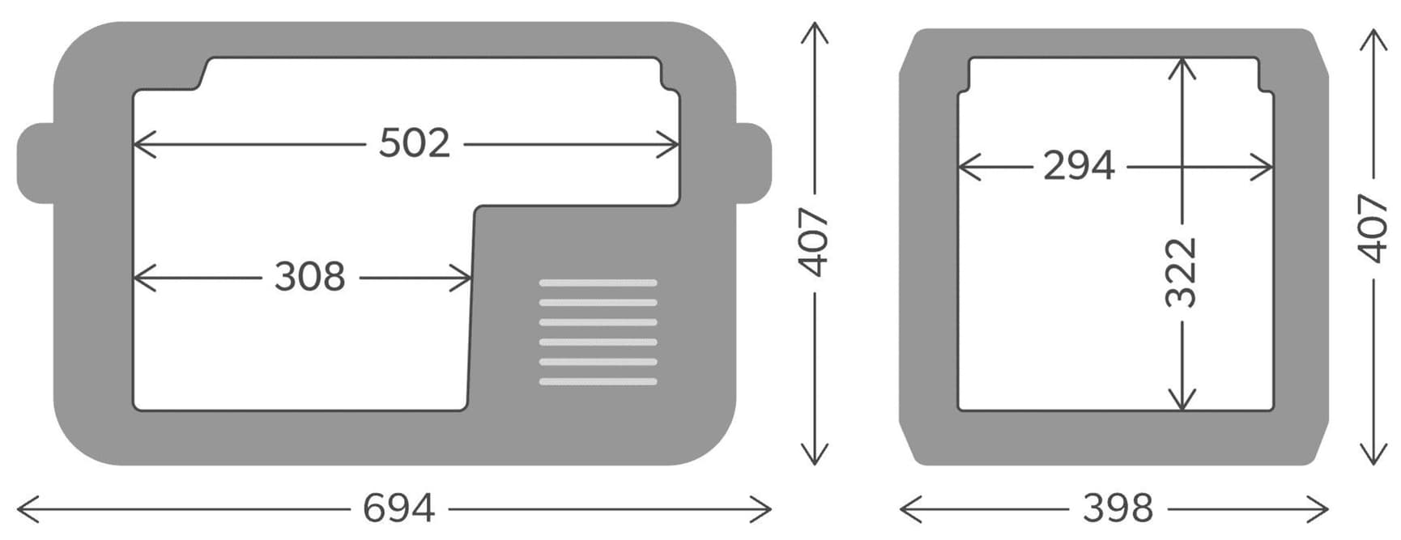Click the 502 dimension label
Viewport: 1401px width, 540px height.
pos(414,143)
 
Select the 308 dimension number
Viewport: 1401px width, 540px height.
pos(309,277)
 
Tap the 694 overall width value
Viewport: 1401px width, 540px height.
pos(398,508)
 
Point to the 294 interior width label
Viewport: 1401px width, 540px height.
pos(1079,166)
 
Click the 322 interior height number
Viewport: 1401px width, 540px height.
pos(1181,272)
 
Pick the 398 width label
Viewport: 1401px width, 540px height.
pos(1118,508)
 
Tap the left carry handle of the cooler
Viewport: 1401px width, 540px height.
pos(34,164)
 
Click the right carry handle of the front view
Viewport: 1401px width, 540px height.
pos(754,164)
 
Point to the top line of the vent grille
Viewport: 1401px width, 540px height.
pos(598,283)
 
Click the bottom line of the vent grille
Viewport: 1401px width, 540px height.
pos(598,381)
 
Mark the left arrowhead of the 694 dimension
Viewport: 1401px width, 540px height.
pos(23,509)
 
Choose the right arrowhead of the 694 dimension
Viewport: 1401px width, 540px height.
pos(765,509)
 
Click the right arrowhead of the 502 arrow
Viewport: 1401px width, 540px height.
pos(672,145)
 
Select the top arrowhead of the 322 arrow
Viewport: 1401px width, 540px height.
pos(1182,65)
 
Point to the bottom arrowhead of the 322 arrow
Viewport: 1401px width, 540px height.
pos(1182,402)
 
